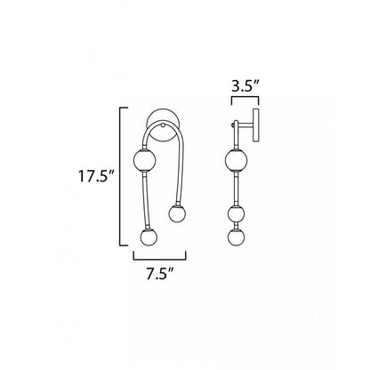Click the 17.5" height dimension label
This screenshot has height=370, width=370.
(x=96, y=177)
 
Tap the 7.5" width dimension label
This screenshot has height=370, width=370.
(x=159, y=273)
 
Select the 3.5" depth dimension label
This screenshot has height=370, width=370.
(x=245, y=86)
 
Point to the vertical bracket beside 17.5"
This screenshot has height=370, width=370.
(x=120, y=176)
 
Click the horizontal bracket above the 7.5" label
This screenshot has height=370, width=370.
(x=159, y=259)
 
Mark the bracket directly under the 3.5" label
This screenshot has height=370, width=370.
(x=245, y=98)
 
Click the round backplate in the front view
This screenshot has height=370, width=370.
(x=163, y=125)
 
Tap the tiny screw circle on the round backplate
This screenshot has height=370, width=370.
(x=163, y=125)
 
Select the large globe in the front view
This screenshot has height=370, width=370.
(x=144, y=160)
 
